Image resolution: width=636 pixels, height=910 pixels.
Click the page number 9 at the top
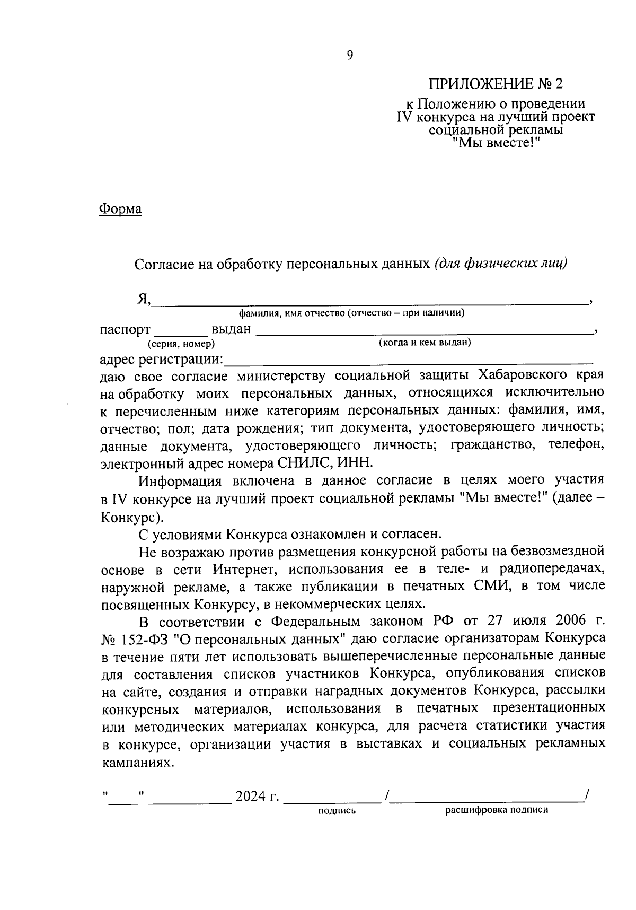tap(349, 56)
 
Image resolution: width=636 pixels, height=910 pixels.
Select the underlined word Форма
tap(120, 209)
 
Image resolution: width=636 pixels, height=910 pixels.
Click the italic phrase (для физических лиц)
tap(500, 263)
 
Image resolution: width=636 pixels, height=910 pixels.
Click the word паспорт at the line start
tap(125, 330)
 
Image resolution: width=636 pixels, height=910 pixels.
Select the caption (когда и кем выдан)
tap(425, 343)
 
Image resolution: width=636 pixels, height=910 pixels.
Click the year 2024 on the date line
tap(251, 797)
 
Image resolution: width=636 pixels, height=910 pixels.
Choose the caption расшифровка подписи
tap(497, 810)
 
